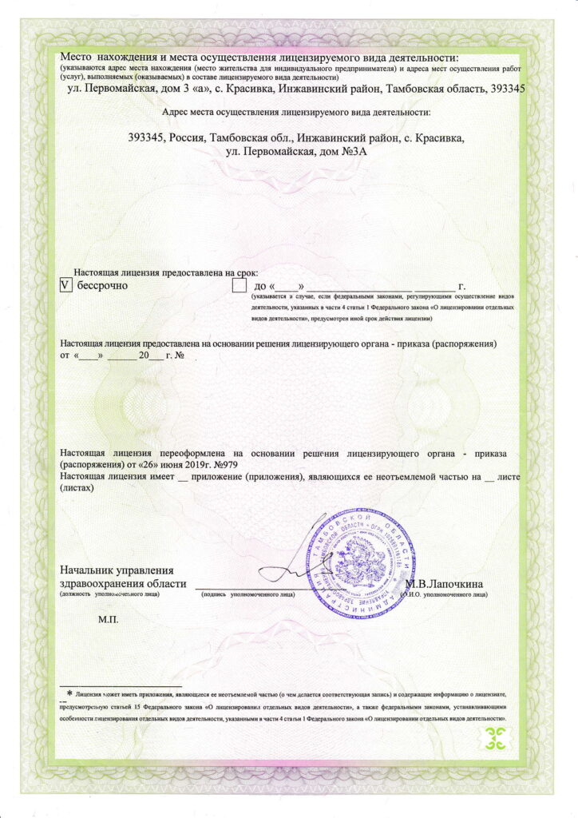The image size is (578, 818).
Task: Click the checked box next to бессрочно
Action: [66, 284]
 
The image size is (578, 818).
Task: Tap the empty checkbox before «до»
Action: [239, 285]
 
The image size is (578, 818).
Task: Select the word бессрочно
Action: [103, 285]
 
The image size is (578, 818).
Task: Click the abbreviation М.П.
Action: [107, 620]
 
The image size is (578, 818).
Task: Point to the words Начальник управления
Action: [117, 570]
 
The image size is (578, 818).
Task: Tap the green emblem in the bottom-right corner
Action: [497, 739]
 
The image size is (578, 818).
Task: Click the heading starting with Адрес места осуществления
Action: [295, 113]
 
